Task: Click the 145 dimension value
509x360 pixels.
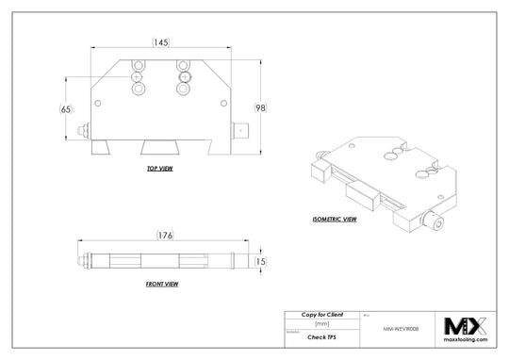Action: (x=160, y=42)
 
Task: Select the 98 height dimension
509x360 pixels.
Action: (x=260, y=108)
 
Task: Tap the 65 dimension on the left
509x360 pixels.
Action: (x=65, y=109)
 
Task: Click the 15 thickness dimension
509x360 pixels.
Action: (x=262, y=261)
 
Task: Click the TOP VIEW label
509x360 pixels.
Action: (x=160, y=169)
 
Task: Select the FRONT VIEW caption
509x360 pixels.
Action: (x=162, y=284)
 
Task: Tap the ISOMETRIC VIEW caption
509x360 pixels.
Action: (x=335, y=219)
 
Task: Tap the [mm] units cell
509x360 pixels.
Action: (x=321, y=323)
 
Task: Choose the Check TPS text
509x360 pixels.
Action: (x=321, y=335)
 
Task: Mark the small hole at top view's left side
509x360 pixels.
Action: (x=97, y=104)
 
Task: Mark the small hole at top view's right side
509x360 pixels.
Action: (x=222, y=104)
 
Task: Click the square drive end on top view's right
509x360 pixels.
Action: (x=242, y=132)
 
